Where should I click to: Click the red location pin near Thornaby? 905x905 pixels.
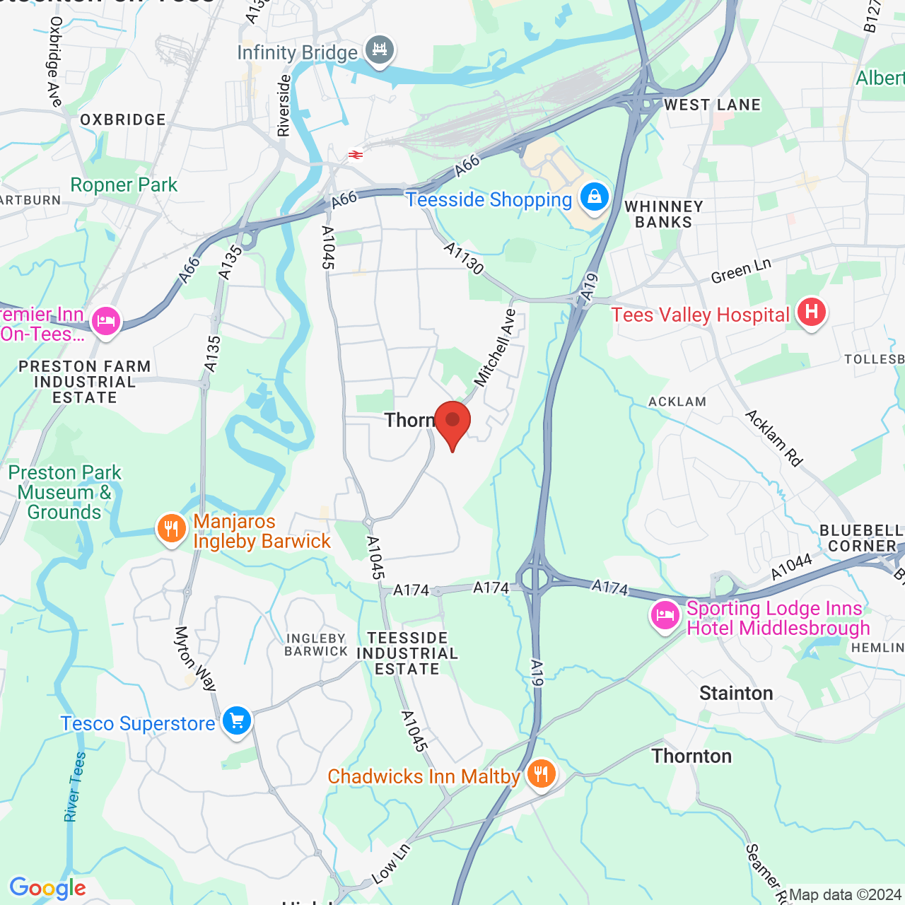coord(452,422)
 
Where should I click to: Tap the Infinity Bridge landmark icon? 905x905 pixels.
coord(380,50)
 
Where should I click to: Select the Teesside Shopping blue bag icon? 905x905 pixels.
coord(595,197)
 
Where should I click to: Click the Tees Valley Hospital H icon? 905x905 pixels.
coord(811,312)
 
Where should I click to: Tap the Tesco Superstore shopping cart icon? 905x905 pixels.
coord(237,721)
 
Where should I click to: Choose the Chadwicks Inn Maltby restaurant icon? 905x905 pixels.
coord(541,774)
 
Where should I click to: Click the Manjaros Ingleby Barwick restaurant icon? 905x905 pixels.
coord(171,528)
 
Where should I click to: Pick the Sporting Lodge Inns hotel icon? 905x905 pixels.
coord(665,615)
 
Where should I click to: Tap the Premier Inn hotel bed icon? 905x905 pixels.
coord(106,322)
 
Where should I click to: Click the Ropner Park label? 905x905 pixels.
coord(124,185)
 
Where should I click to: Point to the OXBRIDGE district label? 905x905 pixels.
coord(123,119)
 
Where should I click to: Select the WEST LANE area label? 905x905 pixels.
coord(712,105)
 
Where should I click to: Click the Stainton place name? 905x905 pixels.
coord(736,693)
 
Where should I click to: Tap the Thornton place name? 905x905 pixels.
coord(691,756)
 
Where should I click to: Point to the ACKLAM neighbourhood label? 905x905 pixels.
coord(677,402)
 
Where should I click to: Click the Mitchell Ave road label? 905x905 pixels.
coord(496,348)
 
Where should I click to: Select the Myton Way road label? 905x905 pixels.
coord(194,658)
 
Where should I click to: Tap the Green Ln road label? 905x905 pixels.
coord(741,271)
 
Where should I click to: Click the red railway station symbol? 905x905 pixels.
coord(355,155)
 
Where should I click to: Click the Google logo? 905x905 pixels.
coord(47,888)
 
